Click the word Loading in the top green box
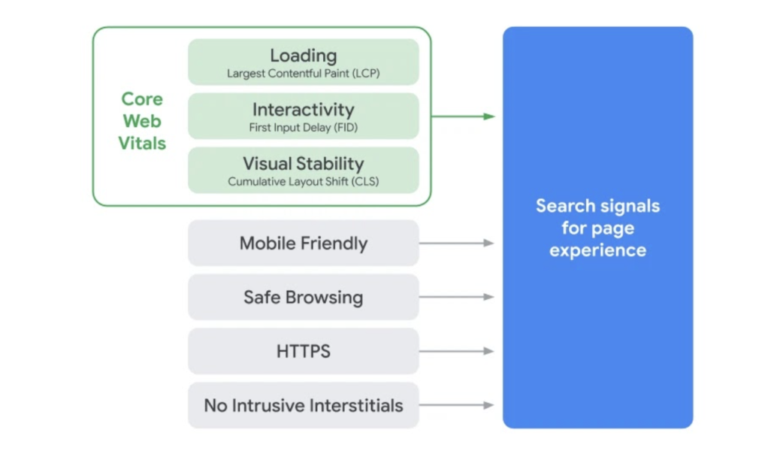pos(304,56)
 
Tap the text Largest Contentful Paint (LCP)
pos(304,74)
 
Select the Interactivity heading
pos(304,110)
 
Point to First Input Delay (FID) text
pos(304,128)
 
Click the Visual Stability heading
pos(304,164)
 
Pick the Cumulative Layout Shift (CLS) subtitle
pos(304,182)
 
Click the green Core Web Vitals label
pos(142,121)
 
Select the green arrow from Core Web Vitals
pos(463,117)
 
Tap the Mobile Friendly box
pos(304,244)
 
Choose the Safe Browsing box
pos(304,297)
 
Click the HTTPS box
pos(304,351)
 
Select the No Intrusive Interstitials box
pos(304,405)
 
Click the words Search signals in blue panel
pos(597,206)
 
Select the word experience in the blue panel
pos(597,250)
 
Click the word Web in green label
pos(142,121)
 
